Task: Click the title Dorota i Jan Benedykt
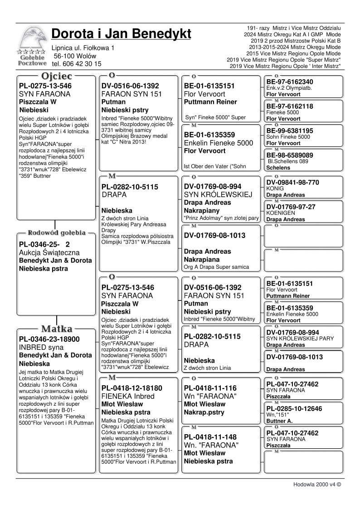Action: tap(121, 34)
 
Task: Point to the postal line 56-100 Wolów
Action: tap(75, 56)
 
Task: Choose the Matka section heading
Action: tap(55, 328)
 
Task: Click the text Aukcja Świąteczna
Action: tap(49, 252)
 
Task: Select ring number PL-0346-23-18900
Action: tap(49, 339)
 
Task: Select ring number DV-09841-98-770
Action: tap(292, 183)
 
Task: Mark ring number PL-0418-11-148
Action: tap(210, 437)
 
